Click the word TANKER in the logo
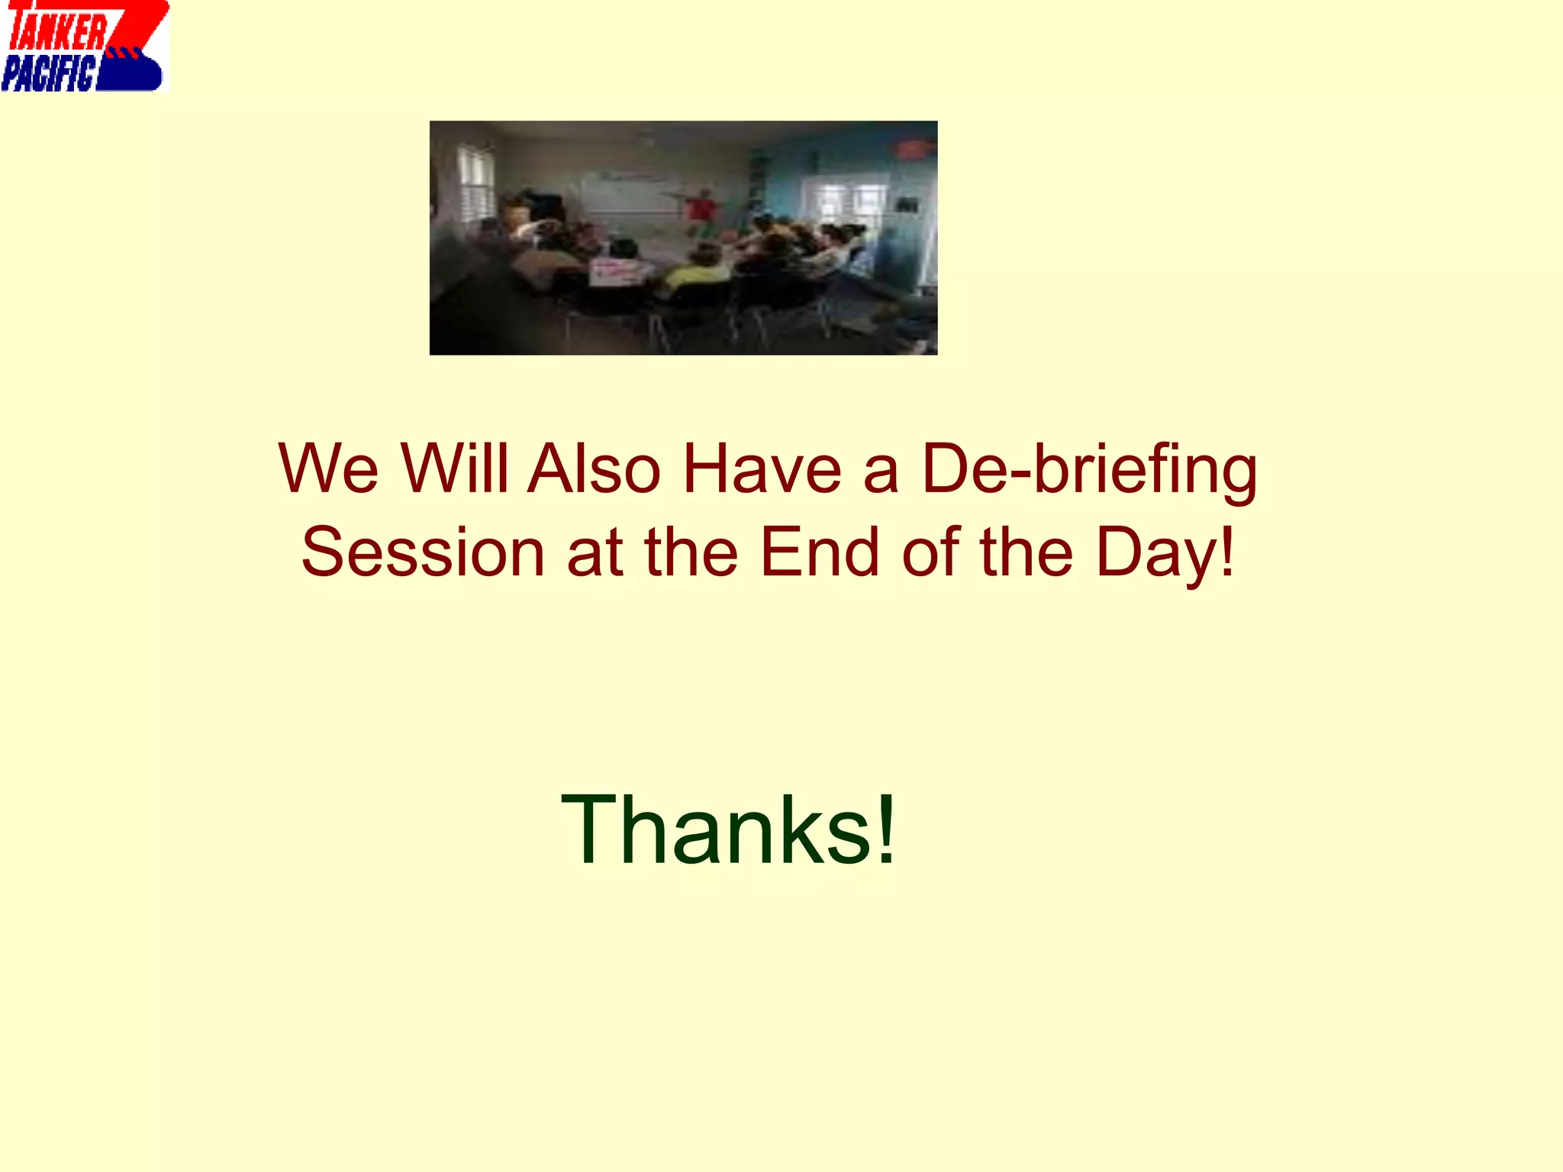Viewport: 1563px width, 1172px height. (x=58, y=32)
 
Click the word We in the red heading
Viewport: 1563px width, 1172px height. (x=328, y=468)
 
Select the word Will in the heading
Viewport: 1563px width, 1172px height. (x=455, y=468)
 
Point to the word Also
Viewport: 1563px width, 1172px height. (x=595, y=468)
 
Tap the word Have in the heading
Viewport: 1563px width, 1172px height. (x=762, y=468)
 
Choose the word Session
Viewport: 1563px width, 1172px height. (x=423, y=552)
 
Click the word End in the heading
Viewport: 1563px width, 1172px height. (x=820, y=552)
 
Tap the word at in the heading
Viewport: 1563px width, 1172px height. (x=595, y=554)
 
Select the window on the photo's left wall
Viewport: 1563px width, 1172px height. (x=476, y=183)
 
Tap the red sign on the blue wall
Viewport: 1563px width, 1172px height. (x=915, y=150)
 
